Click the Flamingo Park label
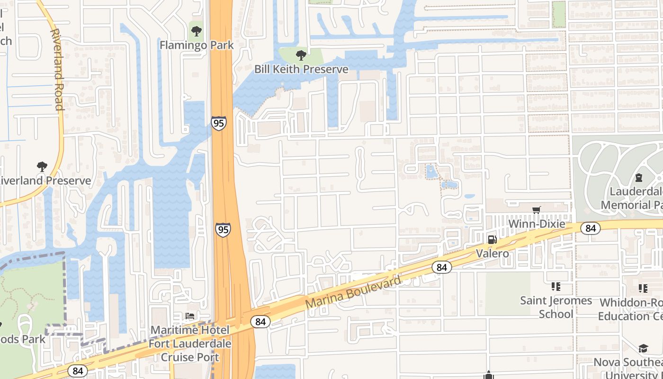197,45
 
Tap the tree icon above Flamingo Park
196,32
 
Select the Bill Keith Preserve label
301,69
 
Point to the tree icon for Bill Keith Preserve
301,55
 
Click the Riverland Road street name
57,70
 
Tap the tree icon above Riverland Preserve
42,167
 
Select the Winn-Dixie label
537,223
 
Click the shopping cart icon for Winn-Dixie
537,210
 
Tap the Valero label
493,253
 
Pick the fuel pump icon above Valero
493,240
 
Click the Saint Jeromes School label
556,307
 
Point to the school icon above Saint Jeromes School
556,287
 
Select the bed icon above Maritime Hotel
190,316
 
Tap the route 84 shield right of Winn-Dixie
591,228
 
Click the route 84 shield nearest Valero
442,267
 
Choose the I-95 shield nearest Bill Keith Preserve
219,123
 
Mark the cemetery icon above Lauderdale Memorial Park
638,178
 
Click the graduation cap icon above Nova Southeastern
643,349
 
